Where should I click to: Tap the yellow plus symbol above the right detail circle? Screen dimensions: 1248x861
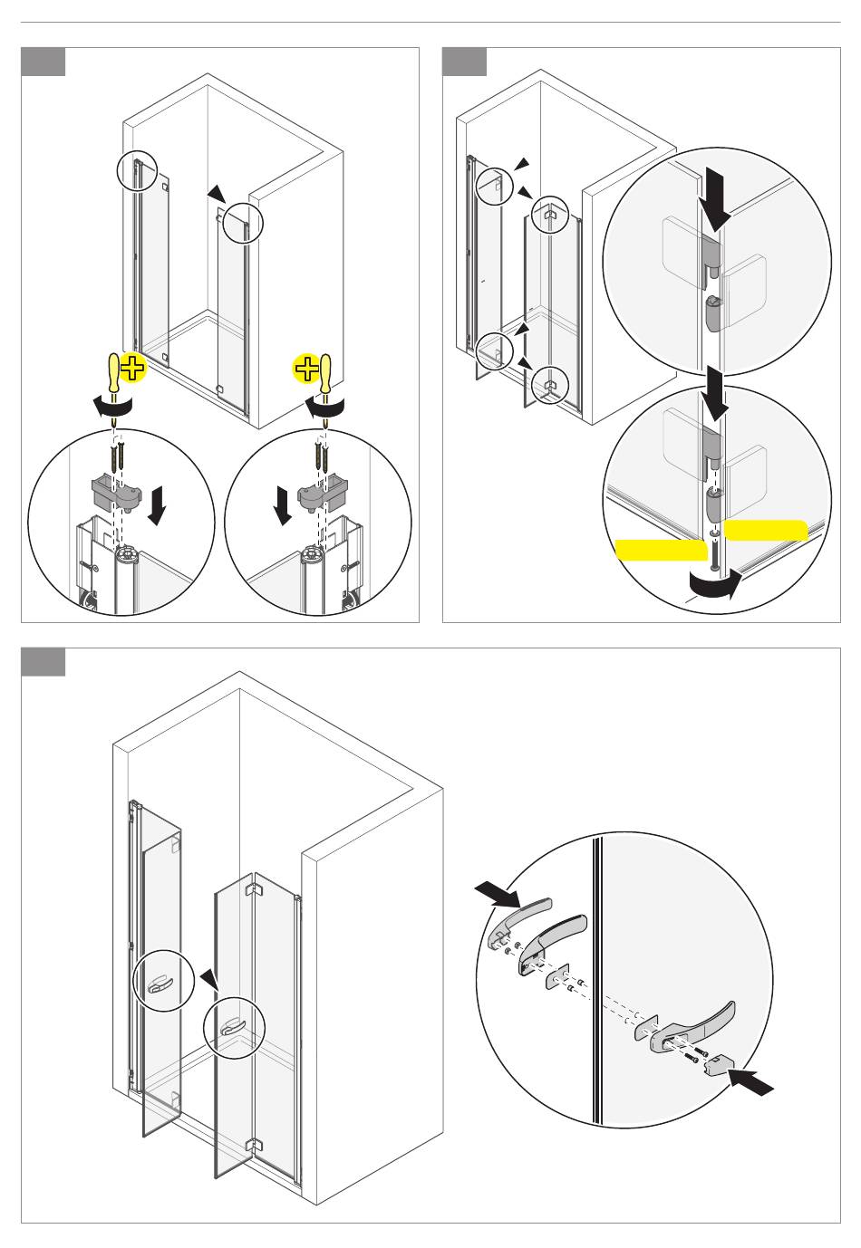tap(305, 369)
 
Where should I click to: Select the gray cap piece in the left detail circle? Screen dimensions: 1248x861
tap(117, 493)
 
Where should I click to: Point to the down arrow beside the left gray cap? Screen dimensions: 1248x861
tap(157, 504)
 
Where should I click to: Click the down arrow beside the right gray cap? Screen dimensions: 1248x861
tap(283, 504)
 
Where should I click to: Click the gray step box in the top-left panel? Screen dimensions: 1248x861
tap(44, 62)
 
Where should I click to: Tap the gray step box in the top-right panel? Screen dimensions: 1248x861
tap(464, 62)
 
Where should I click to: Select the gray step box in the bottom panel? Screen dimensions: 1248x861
tap(44, 662)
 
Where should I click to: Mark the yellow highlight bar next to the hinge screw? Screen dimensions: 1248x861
tap(661, 550)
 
